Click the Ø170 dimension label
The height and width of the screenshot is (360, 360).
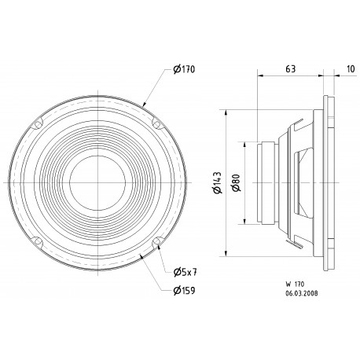pos(183,70)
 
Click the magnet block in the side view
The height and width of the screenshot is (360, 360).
pos(267,182)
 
